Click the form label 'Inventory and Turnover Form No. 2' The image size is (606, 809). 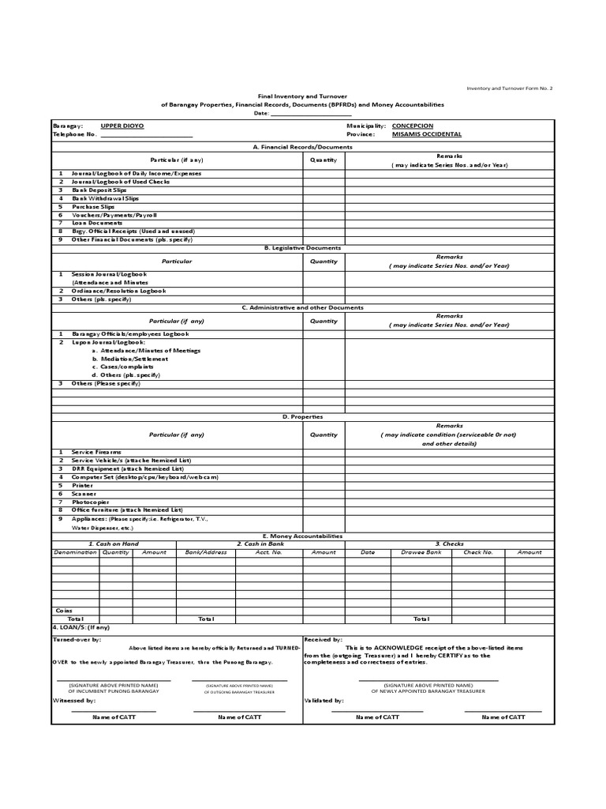point(510,88)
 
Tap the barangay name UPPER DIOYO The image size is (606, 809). point(122,126)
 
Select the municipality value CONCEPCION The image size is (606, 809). point(412,126)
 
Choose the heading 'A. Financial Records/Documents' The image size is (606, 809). point(303,147)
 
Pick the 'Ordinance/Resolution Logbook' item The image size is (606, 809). point(118,291)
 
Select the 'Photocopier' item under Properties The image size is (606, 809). point(90,502)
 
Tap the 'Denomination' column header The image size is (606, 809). point(75,552)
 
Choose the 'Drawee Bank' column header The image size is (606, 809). point(421,552)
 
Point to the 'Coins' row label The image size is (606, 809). point(64,611)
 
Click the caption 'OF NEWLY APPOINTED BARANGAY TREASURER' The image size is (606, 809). point(428,690)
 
